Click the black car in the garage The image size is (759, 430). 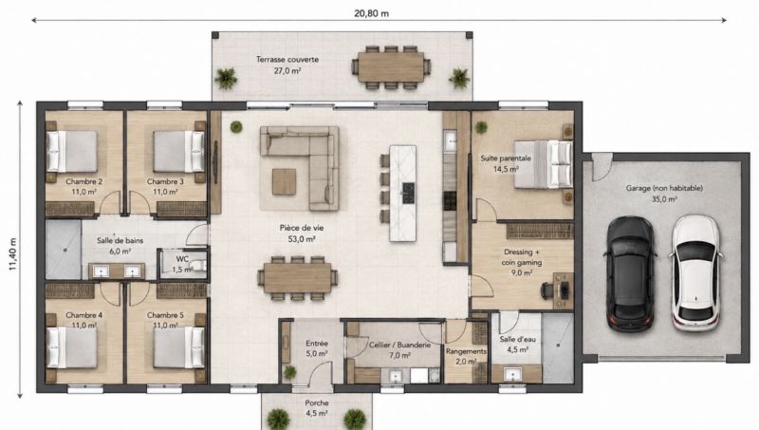(x=629, y=274)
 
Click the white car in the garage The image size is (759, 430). (x=695, y=273)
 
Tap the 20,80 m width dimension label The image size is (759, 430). (x=371, y=13)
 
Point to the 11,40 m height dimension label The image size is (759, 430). (x=13, y=254)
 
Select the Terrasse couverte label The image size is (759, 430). (x=287, y=60)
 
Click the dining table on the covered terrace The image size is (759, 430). (x=391, y=67)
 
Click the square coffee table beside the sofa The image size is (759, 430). (x=284, y=181)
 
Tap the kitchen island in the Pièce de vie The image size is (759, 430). (x=402, y=194)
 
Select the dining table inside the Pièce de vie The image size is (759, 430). (x=297, y=278)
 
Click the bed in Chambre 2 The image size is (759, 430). (x=72, y=151)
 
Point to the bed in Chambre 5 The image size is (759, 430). (x=178, y=347)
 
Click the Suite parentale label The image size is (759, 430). (x=506, y=159)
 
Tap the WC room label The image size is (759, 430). (x=182, y=259)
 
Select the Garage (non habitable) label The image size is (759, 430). (x=664, y=188)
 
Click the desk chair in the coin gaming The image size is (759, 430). (x=548, y=290)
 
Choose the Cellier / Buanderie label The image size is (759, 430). (x=399, y=346)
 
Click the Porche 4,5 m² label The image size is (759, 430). (x=317, y=408)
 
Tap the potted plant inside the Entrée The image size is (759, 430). (x=290, y=372)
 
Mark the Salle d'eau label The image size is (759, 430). (x=517, y=340)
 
